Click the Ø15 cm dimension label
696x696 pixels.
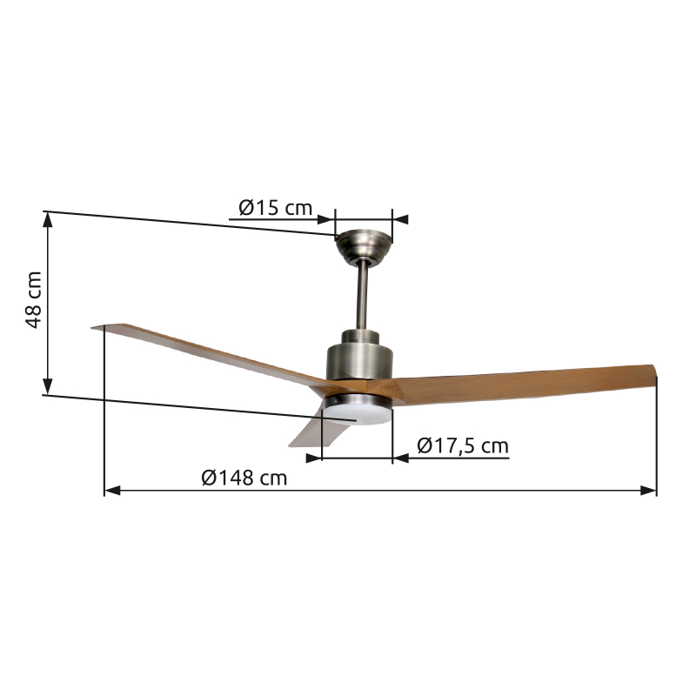[x=275, y=208]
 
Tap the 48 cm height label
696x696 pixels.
[x=34, y=300]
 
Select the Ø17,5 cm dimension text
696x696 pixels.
[x=463, y=445]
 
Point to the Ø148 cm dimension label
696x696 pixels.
[x=244, y=478]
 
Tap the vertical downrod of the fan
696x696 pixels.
[x=363, y=296]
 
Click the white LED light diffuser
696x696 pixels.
[x=358, y=415]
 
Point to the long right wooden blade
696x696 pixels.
[x=524, y=384]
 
